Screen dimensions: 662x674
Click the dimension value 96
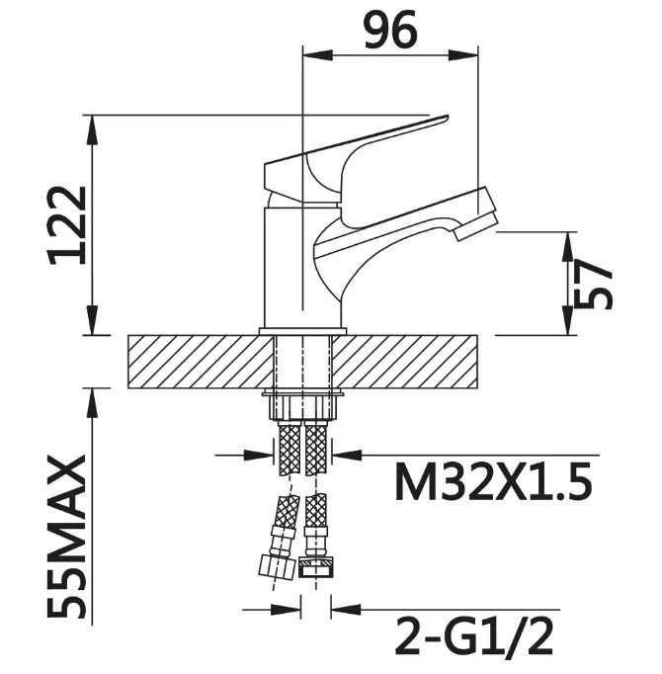pos(390,30)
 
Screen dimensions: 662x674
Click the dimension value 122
pos(67,225)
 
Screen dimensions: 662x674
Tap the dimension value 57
pos(593,287)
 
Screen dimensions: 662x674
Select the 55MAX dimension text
pos(67,539)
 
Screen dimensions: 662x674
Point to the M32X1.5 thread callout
pos(493,482)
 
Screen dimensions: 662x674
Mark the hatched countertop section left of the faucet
pos(202,362)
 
